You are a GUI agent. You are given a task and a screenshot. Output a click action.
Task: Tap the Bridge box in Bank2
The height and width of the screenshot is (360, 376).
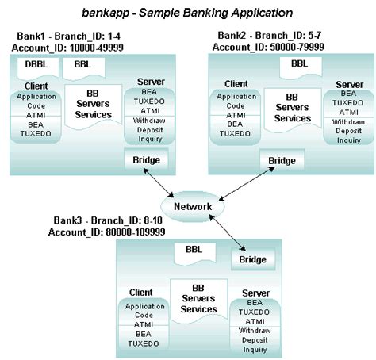point(282,161)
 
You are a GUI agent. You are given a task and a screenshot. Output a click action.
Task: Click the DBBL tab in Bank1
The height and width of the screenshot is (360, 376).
point(32,65)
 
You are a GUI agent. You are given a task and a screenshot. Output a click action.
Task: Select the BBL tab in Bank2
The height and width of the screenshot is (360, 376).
point(298,64)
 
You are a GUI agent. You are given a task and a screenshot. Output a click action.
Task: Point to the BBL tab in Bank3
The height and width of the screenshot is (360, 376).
point(194,249)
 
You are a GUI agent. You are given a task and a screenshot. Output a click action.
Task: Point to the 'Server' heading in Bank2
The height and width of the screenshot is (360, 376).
point(349,84)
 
